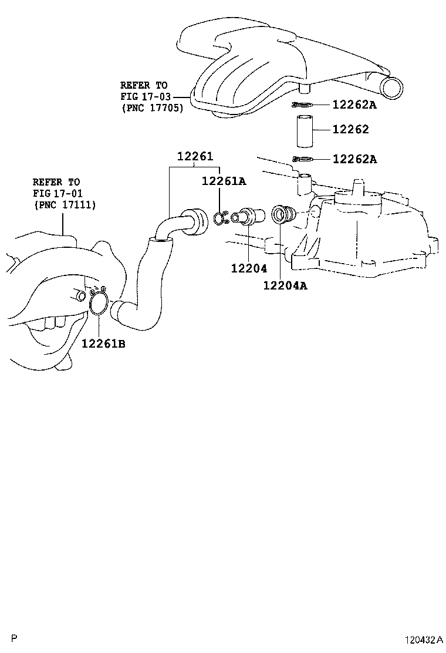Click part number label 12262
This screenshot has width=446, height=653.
click(351, 130)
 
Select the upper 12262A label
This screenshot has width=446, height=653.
click(354, 105)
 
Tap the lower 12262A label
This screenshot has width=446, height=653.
click(354, 159)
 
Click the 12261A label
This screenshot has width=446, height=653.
click(224, 181)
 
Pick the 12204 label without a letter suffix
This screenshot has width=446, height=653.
click(249, 268)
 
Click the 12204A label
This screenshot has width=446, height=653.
click(285, 286)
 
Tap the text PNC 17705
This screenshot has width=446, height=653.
click(152, 108)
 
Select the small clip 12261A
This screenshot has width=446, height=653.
click(218, 218)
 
